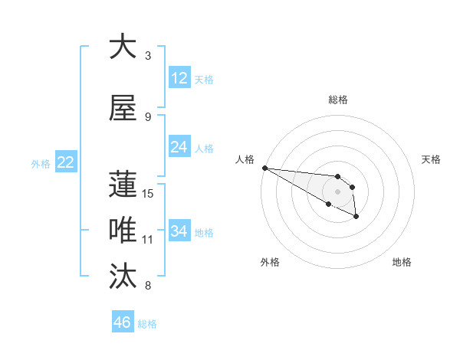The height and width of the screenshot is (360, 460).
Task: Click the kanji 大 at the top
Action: pyautogui.click(x=123, y=47)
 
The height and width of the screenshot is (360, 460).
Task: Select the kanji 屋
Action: pyautogui.click(x=123, y=108)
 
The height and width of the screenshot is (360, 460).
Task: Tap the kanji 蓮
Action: pyautogui.click(x=123, y=185)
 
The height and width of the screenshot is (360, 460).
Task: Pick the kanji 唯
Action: pyautogui.click(x=123, y=231)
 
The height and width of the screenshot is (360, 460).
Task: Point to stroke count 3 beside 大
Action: pyautogui.click(x=148, y=56)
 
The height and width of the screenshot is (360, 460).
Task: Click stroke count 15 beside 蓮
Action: pyautogui.click(x=148, y=194)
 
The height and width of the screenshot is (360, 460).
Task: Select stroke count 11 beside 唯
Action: pyautogui.click(x=148, y=240)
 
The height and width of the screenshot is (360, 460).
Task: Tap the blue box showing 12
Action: pyautogui.click(x=179, y=78)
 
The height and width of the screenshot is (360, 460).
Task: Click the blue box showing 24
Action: pyautogui.click(x=179, y=147)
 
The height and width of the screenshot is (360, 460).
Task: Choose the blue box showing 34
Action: pyautogui.click(x=179, y=231)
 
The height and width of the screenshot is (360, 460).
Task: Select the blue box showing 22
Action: pyautogui.click(x=66, y=162)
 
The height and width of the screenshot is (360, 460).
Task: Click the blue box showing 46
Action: pyautogui.click(x=123, y=322)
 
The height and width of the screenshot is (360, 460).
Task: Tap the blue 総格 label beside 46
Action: pyautogui.click(x=148, y=324)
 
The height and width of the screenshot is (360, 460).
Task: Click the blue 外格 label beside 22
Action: pyautogui.click(x=41, y=163)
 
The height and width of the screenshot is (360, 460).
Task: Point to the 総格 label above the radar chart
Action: pyautogui.click(x=337, y=100)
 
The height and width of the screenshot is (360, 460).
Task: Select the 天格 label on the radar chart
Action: pyautogui.click(x=432, y=159)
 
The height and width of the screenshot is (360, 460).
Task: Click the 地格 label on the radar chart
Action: pyautogui.click(x=402, y=262)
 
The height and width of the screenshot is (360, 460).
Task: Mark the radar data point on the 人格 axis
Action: pyautogui.click(x=264, y=168)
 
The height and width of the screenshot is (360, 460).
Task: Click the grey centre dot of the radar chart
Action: pyautogui.click(x=337, y=191)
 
